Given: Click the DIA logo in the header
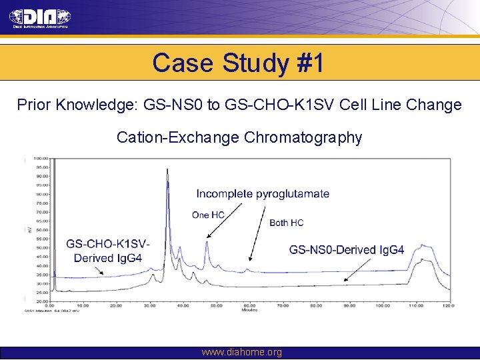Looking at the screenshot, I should pos(39,18).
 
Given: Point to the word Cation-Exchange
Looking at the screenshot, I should pos(178,137).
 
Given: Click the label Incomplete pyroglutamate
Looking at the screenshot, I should pos(262,194).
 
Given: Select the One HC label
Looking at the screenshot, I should pos(208,215).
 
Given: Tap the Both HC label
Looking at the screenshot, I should pos(286,223).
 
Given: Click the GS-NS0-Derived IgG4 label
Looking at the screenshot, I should pos(346,250).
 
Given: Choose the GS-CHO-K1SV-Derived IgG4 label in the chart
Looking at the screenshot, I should pos(107,251).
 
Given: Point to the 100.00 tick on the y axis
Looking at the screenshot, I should pos(39,159).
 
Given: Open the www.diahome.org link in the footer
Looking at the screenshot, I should pos(241,352).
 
